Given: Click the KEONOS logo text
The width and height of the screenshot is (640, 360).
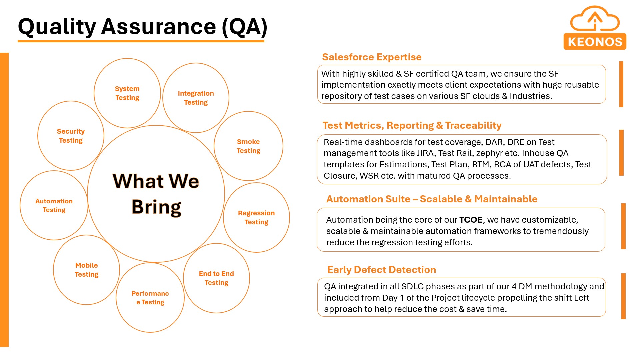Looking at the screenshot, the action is click(x=595, y=42).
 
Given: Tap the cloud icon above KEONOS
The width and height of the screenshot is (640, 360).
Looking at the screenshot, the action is click(x=595, y=19).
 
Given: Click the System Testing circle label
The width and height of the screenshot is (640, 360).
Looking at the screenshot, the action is click(x=127, y=93).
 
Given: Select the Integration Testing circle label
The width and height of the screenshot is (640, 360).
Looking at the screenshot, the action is click(x=196, y=98).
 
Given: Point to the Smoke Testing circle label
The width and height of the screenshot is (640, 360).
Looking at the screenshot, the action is click(x=248, y=146).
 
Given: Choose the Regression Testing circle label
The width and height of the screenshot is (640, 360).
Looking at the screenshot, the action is click(x=256, y=217).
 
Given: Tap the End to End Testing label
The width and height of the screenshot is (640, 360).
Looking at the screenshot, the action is click(x=216, y=278).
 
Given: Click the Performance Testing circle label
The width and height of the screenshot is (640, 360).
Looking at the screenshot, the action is click(x=150, y=298).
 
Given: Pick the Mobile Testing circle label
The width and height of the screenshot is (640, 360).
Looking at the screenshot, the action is click(x=87, y=270).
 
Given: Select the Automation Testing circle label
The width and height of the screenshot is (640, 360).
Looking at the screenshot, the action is click(x=54, y=205).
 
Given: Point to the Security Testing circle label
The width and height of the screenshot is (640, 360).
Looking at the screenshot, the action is click(x=71, y=136).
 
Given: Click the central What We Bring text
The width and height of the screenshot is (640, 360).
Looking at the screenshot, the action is click(x=156, y=194).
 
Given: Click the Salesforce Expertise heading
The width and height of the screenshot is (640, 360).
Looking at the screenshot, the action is click(x=372, y=57).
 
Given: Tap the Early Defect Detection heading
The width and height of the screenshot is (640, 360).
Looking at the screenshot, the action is click(x=382, y=270).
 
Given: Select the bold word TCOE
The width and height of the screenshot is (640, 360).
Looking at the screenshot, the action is click(x=471, y=220).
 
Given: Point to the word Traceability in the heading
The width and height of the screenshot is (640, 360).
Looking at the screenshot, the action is click(x=473, y=125).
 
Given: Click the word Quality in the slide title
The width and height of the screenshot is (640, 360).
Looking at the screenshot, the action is click(x=57, y=27).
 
